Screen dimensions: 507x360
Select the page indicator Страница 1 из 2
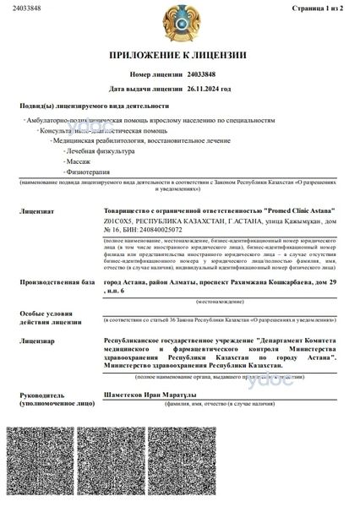(323, 8)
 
